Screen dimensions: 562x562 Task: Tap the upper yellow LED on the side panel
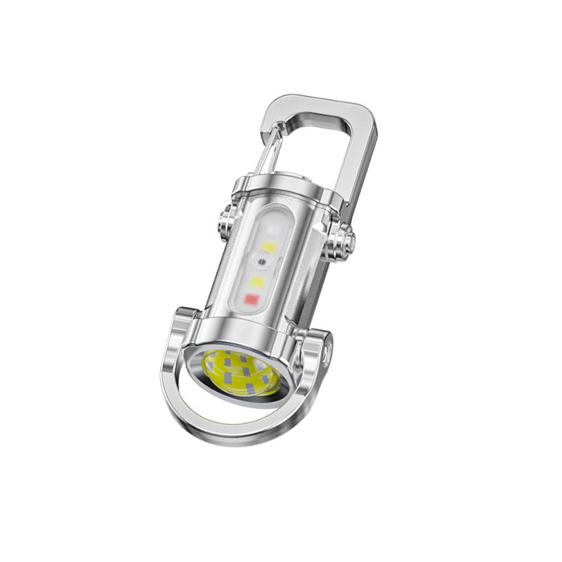click(x=268, y=247)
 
